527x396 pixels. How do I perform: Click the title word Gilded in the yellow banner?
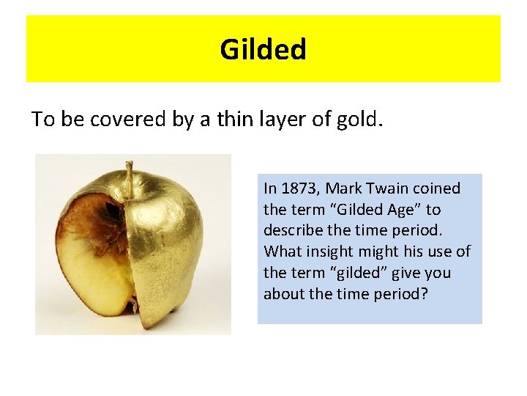(x=263, y=50)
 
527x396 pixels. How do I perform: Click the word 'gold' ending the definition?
(x=361, y=120)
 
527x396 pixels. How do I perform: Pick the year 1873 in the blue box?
(x=299, y=188)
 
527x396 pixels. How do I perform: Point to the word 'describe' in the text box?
(x=290, y=231)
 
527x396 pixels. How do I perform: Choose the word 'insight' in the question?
(x=326, y=252)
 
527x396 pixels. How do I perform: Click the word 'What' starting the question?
(x=281, y=252)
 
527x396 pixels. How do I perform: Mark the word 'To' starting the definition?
(x=43, y=120)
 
